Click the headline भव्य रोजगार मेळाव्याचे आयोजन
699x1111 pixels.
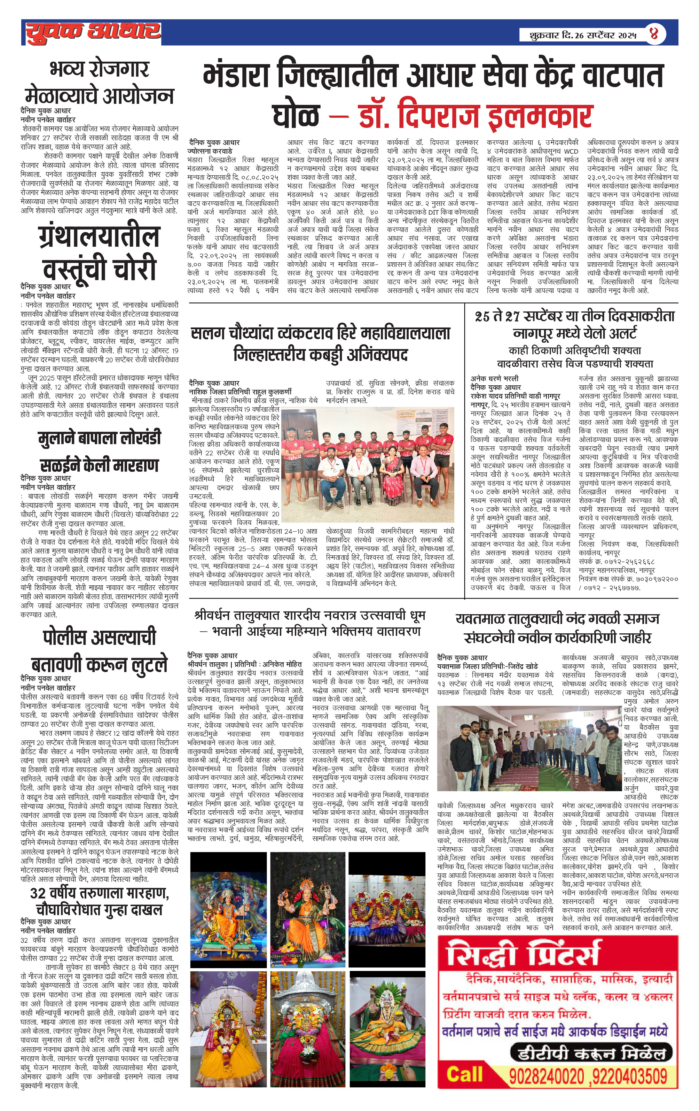point(99,83)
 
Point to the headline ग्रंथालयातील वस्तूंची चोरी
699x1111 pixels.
point(99,252)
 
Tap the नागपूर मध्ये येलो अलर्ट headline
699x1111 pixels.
point(574,324)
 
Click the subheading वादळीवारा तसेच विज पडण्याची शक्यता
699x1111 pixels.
point(574,364)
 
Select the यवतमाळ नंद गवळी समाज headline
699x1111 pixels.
point(557,628)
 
